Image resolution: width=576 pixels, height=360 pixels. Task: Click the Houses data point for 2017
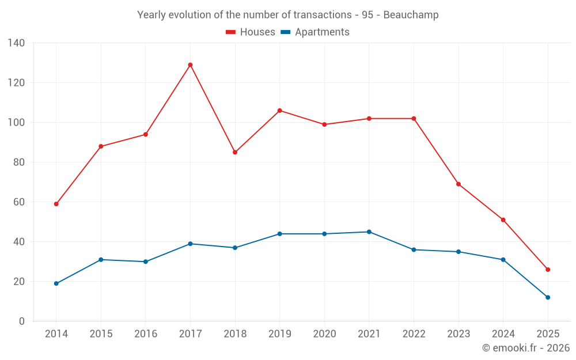(x=190, y=65)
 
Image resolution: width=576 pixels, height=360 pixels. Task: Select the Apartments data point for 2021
(x=369, y=232)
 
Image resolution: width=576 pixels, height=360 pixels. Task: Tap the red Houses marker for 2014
(x=56, y=204)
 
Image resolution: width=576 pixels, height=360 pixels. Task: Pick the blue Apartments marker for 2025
(x=548, y=297)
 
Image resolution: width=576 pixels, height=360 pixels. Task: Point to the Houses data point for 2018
(x=235, y=152)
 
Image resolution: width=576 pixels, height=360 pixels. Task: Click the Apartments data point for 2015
(x=101, y=260)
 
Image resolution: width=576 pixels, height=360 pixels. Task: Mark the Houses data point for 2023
(x=458, y=184)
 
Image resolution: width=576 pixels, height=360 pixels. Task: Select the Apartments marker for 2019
(x=280, y=234)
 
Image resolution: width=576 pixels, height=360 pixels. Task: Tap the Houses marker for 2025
(x=548, y=270)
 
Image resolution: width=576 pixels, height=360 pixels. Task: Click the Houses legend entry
(x=251, y=32)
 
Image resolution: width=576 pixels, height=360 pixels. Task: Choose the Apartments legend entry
(x=314, y=32)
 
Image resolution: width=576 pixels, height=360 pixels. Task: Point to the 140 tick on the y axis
(x=17, y=43)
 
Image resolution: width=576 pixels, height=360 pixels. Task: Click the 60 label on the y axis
(x=19, y=202)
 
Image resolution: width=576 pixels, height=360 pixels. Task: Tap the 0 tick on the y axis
(x=22, y=321)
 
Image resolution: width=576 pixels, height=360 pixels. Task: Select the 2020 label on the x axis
(x=324, y=334)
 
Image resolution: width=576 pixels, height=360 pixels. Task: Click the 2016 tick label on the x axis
(x=145, y=334)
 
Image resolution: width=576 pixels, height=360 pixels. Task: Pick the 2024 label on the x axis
(x=503, y=334)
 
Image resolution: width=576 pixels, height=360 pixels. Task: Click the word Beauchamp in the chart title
(x=412, y=15)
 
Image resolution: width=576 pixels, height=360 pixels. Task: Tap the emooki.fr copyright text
(x=526, y=348)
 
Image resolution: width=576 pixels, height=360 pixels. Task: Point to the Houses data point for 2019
(x=280, y=111)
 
